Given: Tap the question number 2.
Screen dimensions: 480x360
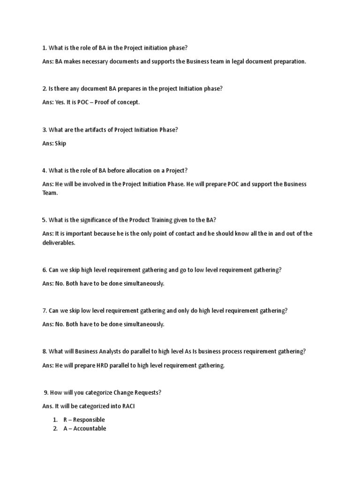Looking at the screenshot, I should pyautogui.click(x=44, y=89).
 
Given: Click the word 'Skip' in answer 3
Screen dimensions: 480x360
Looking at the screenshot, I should pyautogui.click(x=60, y=143).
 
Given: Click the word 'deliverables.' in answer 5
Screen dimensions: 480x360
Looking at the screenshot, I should pyautogui.click(x=59, y=243).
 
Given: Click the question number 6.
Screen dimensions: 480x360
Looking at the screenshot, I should pyautogui.click(x=44, y=270).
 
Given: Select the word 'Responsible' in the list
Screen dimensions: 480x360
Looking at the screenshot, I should pyautogui.click(x=89, y=420).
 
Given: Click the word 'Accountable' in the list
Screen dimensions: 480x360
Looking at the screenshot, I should pyautogui.click(x=90, y=428).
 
